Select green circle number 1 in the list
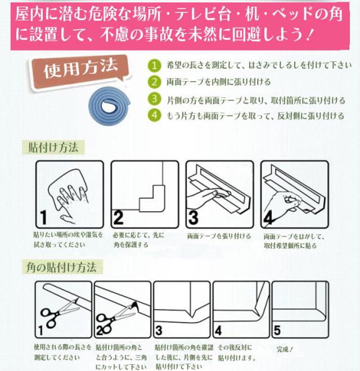pyautogui.click(x=154, y=65)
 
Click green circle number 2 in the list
pyautogui.click(x=154, y=82)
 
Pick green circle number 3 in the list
pyautogui.click(x=154, y=99)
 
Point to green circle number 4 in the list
pyautogui.click(x=154, y=115)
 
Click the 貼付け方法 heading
pyautogui.click(x=53, y=147)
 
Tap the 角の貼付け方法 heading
pyautogui.click(x=62, y=267)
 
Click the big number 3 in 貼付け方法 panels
pyautogui.click(x=193, y=217)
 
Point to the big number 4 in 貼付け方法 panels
pyautogui.click(x=268, y=218)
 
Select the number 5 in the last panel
pyautogui.click(x=277, y=330)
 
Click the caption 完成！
pyautogui.click(x=285, y=349)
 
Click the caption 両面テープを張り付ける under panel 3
pyautogui.click(x=219, y=236)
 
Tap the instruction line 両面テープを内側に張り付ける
pyautogui.click(x=219, y=82)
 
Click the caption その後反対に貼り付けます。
pyautogui.click(x=236, y=352)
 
